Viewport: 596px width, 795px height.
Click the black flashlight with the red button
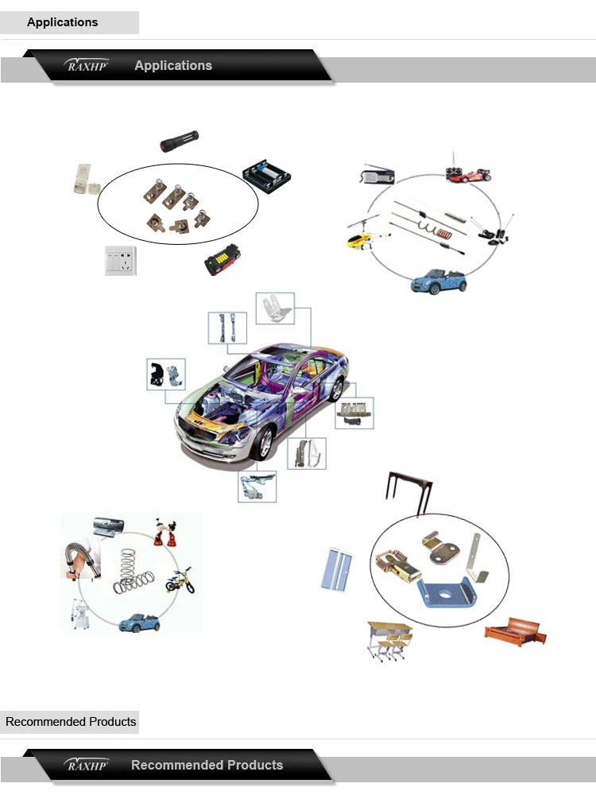tap(180, 141)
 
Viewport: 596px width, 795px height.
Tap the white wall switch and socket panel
tap(121, 261)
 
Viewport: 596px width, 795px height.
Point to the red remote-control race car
tap(469, 173)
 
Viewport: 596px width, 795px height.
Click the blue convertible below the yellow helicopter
tap(439, 281)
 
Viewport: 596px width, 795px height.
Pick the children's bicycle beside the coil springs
tap(180, 581)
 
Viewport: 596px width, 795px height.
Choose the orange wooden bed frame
tap(516, 632)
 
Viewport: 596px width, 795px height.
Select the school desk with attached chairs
tap(389, 640)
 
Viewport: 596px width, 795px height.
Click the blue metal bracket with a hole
tap(446, 594)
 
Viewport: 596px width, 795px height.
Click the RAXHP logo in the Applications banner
tap(87, 65)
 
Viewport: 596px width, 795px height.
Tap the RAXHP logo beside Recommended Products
tap(87, 765)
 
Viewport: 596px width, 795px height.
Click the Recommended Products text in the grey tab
tap(71, 722)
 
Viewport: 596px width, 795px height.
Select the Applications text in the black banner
tap(173, 65)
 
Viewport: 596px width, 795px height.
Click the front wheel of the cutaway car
tap(265, 443)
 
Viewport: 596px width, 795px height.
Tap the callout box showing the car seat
tap(275, 308)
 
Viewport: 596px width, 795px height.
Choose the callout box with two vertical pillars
tap(227, 328)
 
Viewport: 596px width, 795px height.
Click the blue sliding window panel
tap(336, 570)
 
